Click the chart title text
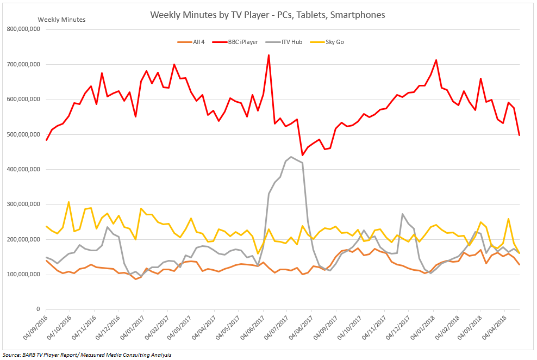[267, 15]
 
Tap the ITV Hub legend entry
[291, 42]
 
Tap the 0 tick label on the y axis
[38, 309]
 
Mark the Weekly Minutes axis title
[61, 20]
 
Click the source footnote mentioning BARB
[87, 355]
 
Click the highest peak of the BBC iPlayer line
[268, 55]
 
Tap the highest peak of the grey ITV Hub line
[291, 157]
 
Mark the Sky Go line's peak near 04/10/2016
[68, 202]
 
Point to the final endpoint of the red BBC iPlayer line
[520, 135]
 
